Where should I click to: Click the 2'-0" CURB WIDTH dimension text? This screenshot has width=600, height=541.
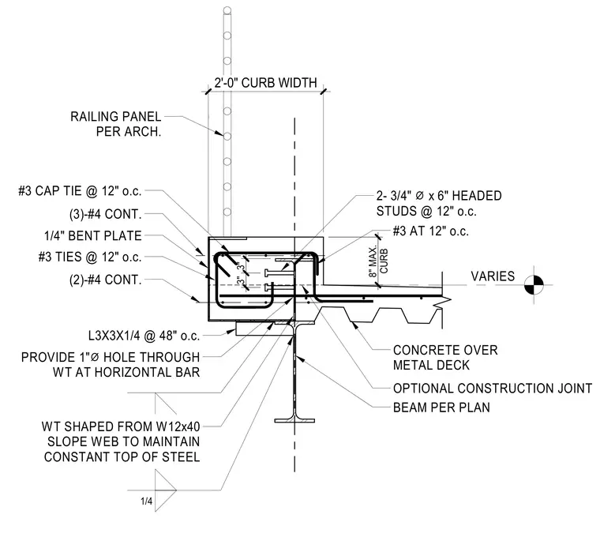[265, 83]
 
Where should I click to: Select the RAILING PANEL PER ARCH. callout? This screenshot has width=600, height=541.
[115, 124]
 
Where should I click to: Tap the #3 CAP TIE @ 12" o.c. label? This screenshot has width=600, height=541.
[80, 190]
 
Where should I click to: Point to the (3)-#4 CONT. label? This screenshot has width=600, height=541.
[105, 214]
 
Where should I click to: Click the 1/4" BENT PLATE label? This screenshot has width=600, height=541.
[93, 235]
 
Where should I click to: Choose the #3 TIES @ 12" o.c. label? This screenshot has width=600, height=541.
[90, 257]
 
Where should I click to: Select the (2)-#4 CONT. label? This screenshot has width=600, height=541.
[105, 280]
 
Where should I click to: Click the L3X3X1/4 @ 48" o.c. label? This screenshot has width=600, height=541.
[144, 336]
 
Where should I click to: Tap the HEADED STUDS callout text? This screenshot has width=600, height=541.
[439, 203]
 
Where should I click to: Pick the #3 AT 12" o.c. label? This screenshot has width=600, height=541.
[430, 231]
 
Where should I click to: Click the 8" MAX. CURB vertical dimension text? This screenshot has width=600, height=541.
[378, 261]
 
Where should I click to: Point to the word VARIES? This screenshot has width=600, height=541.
[493, 276]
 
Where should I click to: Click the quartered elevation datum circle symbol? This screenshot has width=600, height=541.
[534, 285]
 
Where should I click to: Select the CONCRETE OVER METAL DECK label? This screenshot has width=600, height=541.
[445, 357]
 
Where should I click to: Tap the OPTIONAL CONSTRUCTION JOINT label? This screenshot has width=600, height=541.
[493, 389]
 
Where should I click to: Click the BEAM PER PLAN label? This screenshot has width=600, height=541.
[441, 408]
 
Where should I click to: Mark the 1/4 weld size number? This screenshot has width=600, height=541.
[146, 502]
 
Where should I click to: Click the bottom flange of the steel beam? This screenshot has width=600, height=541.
[294, 420]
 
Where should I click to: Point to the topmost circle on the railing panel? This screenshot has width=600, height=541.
[227, 10]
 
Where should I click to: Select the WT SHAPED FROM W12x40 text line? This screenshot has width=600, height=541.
[121, 426]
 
